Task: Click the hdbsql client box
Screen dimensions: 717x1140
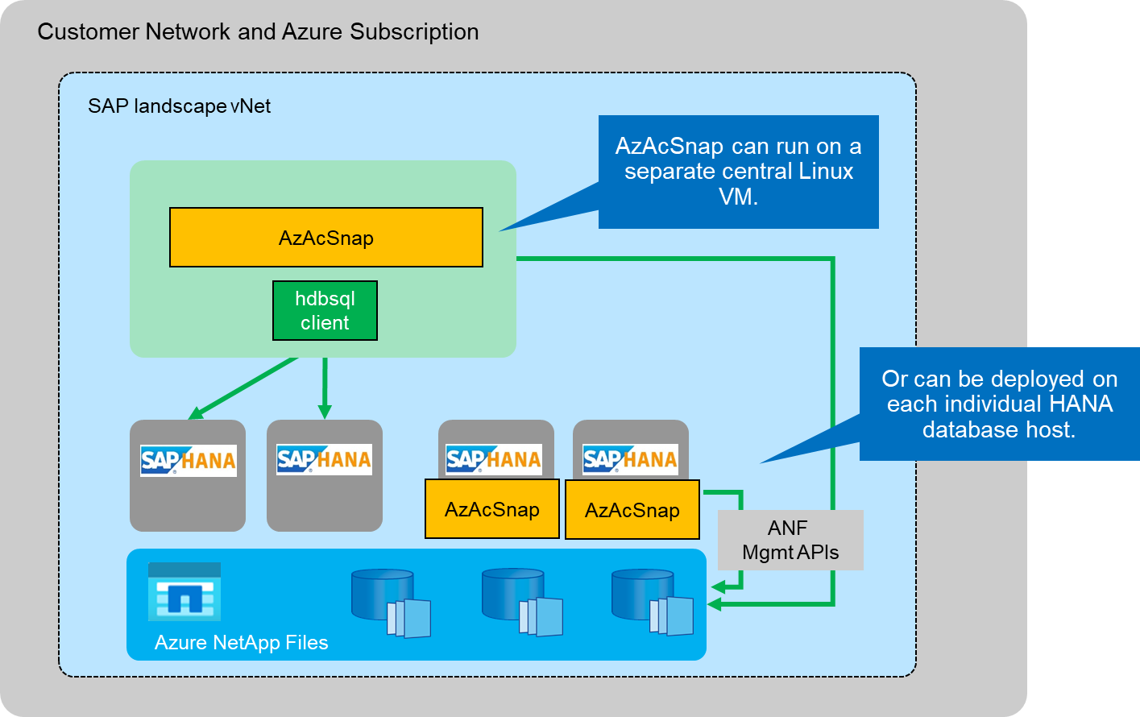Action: click(x=325, y=311)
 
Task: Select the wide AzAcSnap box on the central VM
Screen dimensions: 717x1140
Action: click(x=325, y=238)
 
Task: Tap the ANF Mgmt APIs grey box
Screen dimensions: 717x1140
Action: click(x=790, y=540)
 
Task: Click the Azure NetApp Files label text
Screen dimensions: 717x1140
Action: click(x=242, y=643)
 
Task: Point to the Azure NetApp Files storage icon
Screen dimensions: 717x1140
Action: click(x=184, y=592)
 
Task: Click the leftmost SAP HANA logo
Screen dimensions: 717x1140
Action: click(x=188, y=460)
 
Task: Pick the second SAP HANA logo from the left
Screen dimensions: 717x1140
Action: click(x=324, y=460)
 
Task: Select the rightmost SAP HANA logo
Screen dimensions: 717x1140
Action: click(x=630, y=459)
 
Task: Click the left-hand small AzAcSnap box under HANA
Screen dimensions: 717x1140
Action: click(x=491, y=509)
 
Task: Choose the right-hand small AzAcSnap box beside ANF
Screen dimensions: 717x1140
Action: click(x=632, y=510)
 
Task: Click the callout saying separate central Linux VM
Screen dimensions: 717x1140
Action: click(x=738, y=172)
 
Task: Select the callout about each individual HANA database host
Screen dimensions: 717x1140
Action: click(x=999, y=404)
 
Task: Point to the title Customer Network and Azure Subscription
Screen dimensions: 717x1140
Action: click(x=258, y=32)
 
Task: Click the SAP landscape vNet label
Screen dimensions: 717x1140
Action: click(x=179, y=106)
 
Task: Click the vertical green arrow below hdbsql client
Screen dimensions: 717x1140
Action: click(x=325, y=388)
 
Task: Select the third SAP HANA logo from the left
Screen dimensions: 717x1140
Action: click(x=494, y=459)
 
